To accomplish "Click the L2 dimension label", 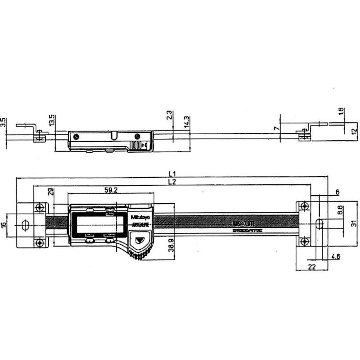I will [172, 182].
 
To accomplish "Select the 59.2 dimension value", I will [111, 190].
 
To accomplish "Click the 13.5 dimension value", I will [52, 121].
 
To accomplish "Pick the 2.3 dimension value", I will [170, 115].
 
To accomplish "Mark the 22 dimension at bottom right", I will [312, 267].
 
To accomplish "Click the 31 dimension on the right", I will [354, 224].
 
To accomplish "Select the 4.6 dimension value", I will [336, 256].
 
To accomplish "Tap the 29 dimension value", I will [51, 192].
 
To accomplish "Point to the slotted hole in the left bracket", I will [25, 225].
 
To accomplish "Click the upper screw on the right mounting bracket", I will [305, 206].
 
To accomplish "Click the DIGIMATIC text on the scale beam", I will [247, 230].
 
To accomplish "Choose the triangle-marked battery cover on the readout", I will [139, 240].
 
